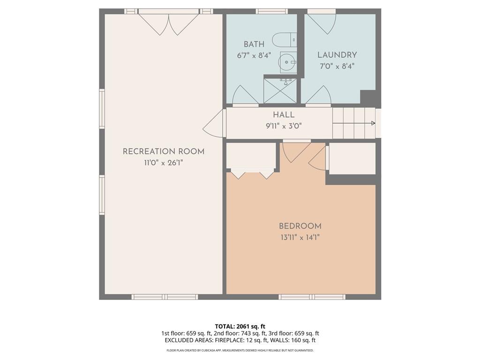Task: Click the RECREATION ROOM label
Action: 163,151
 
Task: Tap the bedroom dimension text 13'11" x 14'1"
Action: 300,237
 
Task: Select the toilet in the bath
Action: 284,40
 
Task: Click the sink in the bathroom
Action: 287,61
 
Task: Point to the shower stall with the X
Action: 280,91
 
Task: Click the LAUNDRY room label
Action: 337,55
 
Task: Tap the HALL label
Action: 284,115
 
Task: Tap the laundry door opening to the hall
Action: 319,96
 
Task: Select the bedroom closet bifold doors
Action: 252,174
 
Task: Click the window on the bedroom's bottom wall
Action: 312,297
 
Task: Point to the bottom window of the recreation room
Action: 165,297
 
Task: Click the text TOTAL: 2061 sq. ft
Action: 240,326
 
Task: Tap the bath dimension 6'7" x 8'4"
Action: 254,55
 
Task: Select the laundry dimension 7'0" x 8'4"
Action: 337,66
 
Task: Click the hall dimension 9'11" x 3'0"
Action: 284,126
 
